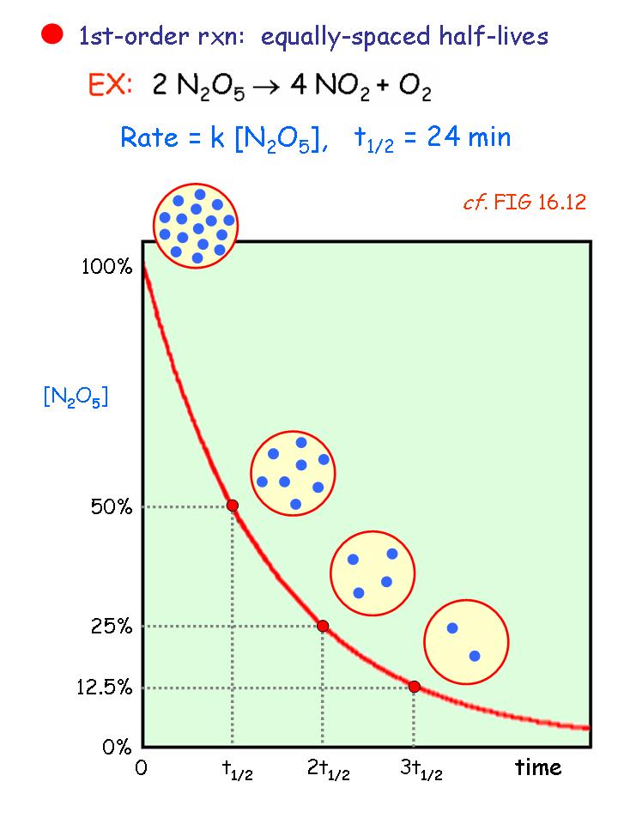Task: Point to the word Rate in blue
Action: (x=148, y=137)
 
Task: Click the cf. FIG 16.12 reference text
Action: (x=524, y=206)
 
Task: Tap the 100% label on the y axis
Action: (x=106, y=267)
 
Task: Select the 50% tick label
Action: (x=112, y=506)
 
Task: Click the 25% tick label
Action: (x=112, y=627)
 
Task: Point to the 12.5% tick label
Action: (x=105, y=688)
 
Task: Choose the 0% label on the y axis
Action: (x=116, y=747)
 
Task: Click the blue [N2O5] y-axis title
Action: (x=76, y=397)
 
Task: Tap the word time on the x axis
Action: (x=538, y=766)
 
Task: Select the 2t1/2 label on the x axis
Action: (x=328, y=770)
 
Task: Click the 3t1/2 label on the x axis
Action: (x=421, y=770)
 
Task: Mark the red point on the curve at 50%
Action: (x=232, y=505)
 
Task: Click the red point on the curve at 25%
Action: (x=323, y=626)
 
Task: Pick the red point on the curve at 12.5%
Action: (x=414, y=686)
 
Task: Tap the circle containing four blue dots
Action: (x=373, y=573)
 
